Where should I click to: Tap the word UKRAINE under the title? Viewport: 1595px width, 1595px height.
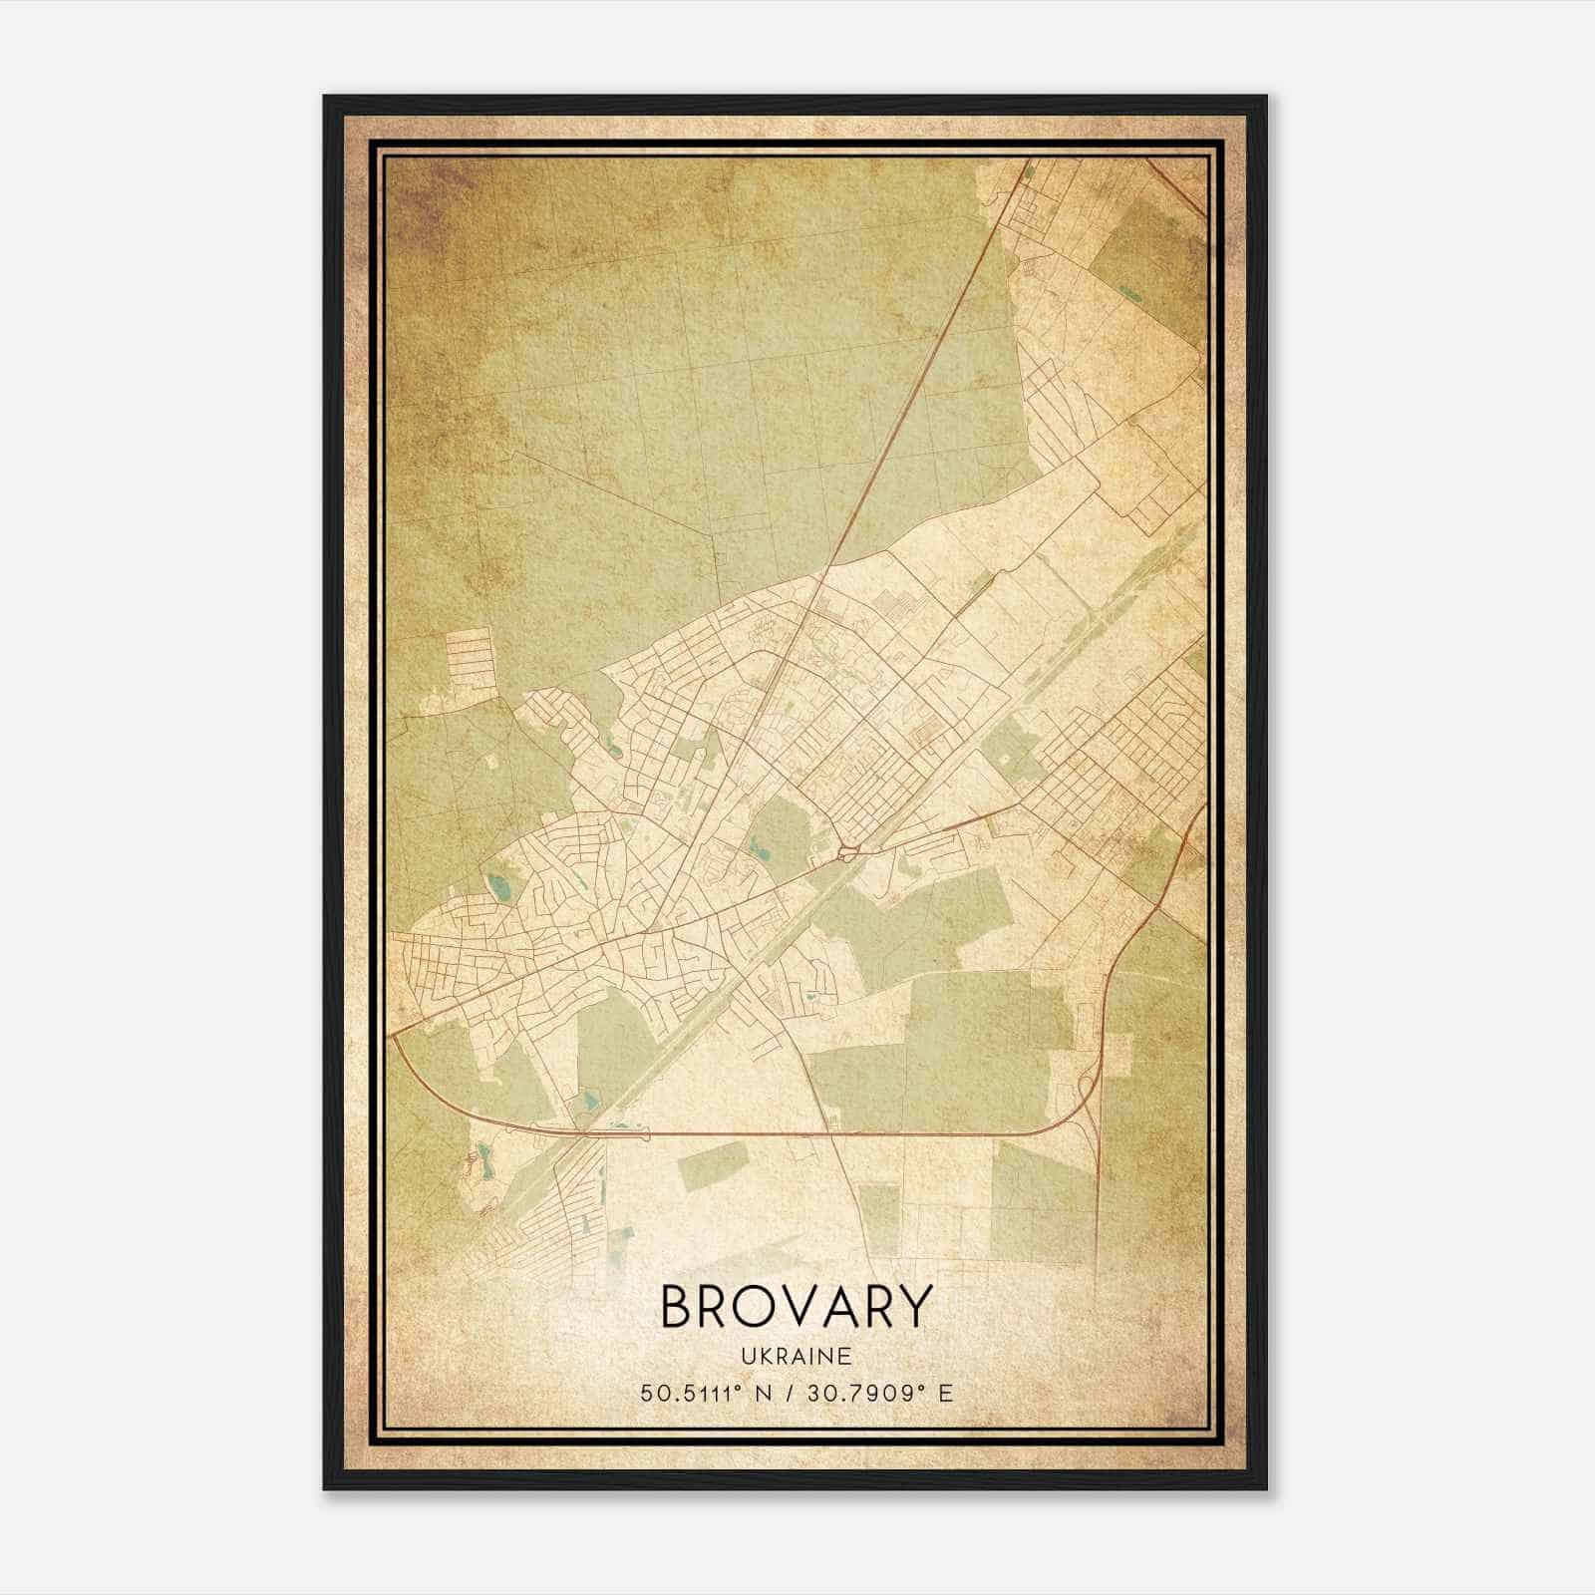pyautogui.click(x=796, y=1357)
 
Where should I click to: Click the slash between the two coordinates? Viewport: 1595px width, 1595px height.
pyautogui.click(x=790, y=1393)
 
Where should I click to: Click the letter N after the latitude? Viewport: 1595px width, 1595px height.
pyautogui.click(x=764, y=1393)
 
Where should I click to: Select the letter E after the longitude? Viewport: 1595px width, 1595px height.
pyautogui.click(x=945, y=1393)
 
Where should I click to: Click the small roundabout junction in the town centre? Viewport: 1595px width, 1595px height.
pyautogui.click(x=847, y=852)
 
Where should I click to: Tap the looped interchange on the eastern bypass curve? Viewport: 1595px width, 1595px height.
pyautogui.click(x=1089, y=1082)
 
